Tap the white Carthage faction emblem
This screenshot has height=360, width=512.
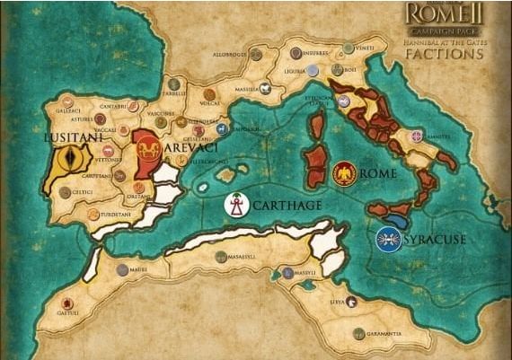(237, 206)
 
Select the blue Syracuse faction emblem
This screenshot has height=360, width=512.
(389, 239)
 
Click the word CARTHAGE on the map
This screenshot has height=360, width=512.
(287, 206)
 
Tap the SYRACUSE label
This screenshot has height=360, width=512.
(435, 240)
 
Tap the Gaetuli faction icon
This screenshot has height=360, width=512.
(63, 303)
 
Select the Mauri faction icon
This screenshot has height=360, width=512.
(122, 269)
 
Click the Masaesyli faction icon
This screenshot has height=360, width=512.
(221, 258)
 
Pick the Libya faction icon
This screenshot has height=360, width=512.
(350, 303)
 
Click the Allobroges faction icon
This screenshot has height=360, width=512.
(255, 55)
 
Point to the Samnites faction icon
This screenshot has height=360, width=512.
(416, 136)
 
